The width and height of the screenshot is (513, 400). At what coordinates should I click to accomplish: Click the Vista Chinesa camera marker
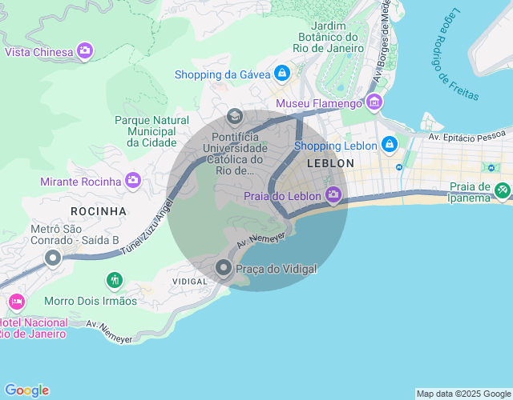pyautogui.click(x=84, y=52)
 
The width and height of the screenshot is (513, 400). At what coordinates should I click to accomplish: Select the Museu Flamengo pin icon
pyautogui.click(x=374, y=103)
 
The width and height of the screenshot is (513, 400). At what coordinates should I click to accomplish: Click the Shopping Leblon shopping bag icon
pyautogui.click(x=389, y=145)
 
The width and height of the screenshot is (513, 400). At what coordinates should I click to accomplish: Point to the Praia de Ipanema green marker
pyautogui.click(x=503, y=190)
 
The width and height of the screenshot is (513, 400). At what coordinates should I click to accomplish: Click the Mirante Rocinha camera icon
pyautogui.click(x=133, y=181)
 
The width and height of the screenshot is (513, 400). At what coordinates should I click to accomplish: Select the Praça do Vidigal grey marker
pyautogui.click(x=224, y=269)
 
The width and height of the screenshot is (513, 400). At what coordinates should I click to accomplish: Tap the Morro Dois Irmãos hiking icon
pyautogui.click(x=115, y=281)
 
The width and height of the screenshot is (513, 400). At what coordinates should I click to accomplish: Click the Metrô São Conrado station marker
pyautogui.click(x=53, y=258)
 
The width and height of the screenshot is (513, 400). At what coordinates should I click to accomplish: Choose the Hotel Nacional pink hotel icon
pyautogui.click(x=15, y=302)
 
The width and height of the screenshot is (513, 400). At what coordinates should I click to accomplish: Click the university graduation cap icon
pyautogui.click(x=235, y=117)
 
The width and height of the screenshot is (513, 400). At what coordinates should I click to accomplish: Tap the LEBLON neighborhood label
pyautogui.click(x=330, y=163)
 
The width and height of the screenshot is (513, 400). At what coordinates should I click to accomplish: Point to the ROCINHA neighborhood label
pyautogui.click(x=99, y=211)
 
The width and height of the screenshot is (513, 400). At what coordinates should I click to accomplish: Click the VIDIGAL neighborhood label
pyautogui.click(x=190, y=282)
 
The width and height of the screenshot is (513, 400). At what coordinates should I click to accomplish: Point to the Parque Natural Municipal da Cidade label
pyautogui.click(x=151, y=131)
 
